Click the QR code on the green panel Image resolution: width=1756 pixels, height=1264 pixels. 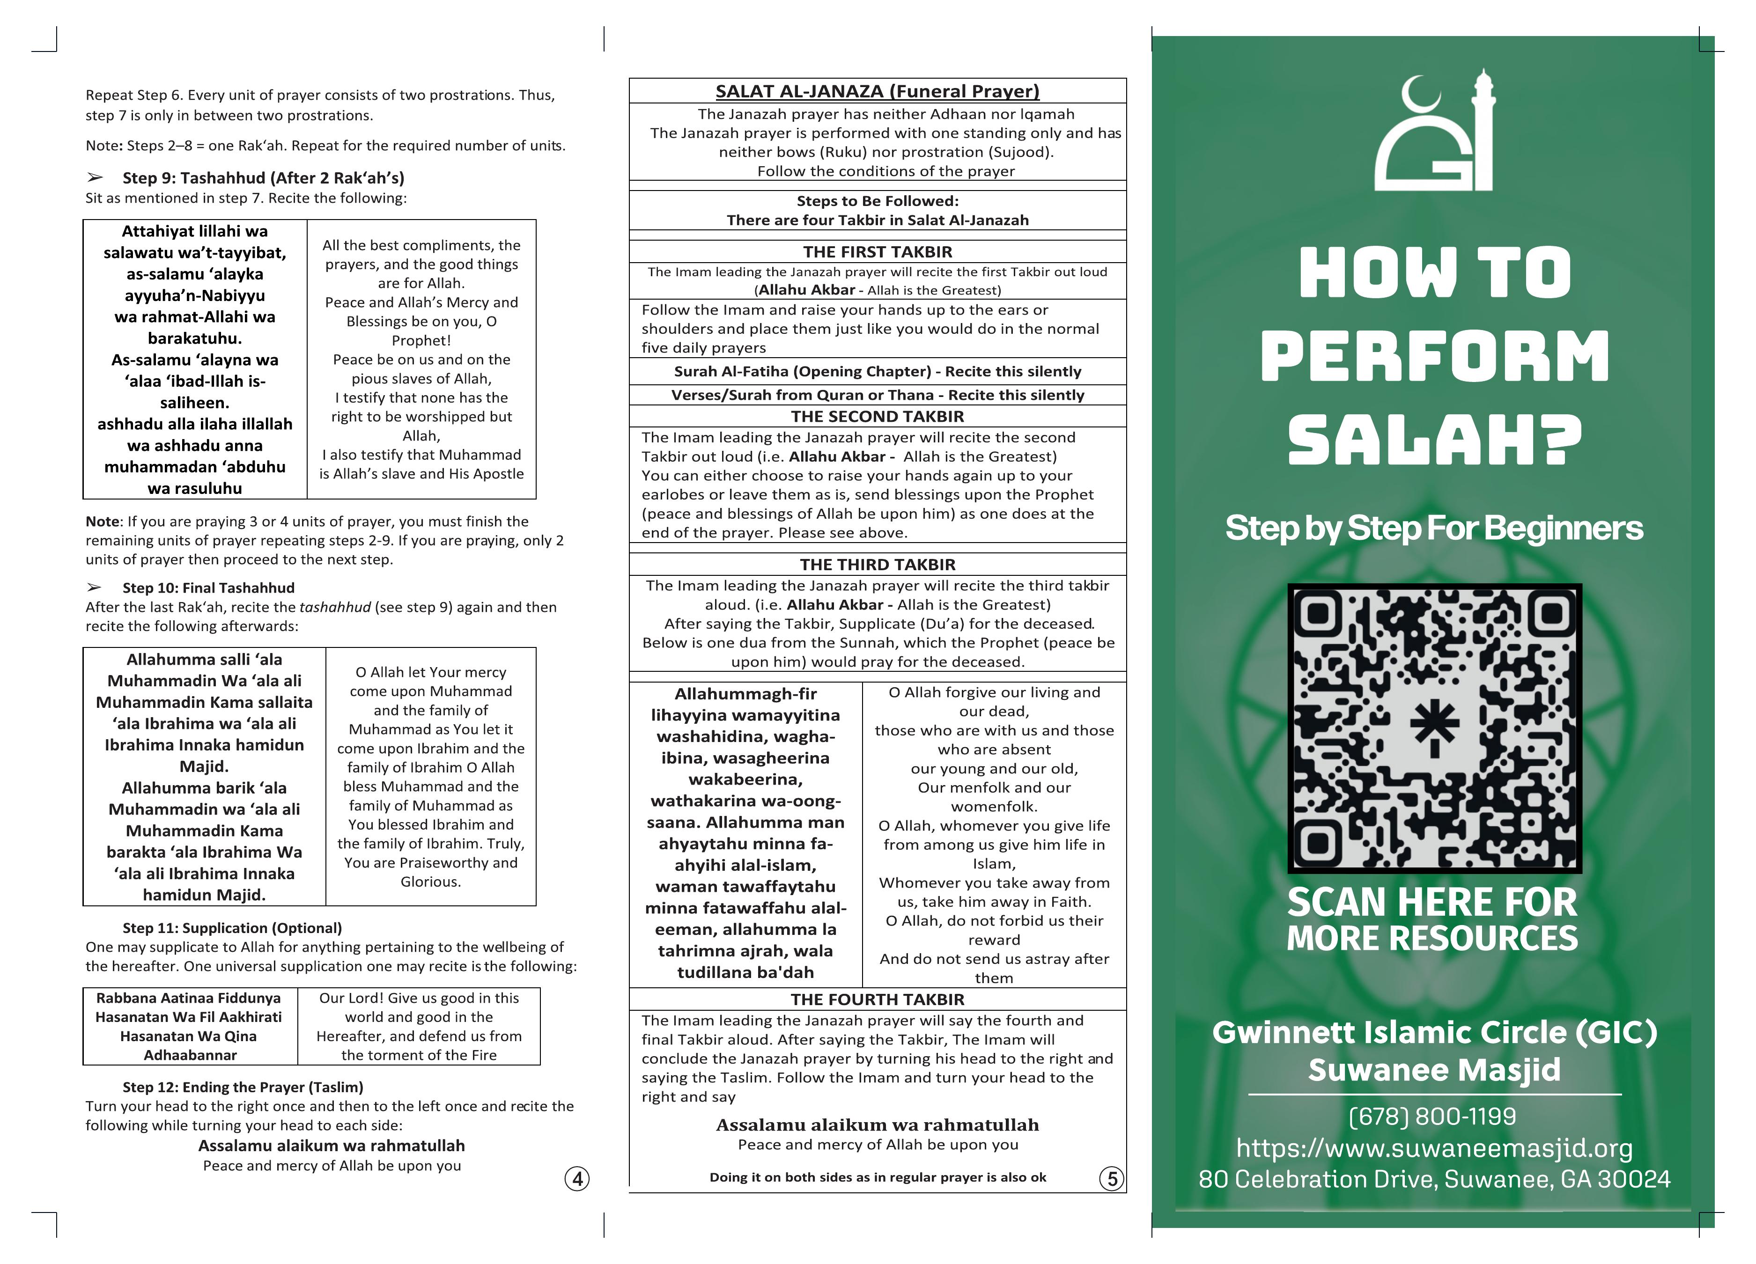(1434, 728)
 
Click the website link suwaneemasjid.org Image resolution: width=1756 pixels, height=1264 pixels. (1434, 1148)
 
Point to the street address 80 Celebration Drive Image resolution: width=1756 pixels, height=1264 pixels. (1434, 1179)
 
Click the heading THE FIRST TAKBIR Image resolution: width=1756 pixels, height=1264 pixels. (877, 251)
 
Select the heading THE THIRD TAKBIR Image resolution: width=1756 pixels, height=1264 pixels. (877, 564)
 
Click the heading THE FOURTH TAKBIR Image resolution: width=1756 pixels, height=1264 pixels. (877, 999)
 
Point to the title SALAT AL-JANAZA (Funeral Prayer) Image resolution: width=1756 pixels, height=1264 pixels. (877, 91)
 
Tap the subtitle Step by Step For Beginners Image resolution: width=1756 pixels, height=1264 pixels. (1434, 529)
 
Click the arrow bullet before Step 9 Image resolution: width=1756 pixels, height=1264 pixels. (95, 178)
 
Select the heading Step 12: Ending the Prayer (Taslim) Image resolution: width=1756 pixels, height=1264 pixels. (243, 1087)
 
